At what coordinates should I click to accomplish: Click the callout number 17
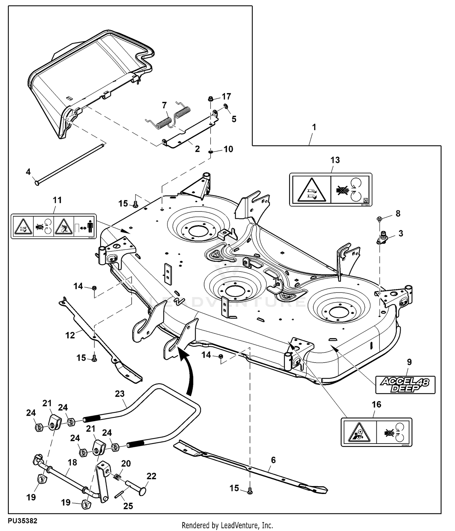226,96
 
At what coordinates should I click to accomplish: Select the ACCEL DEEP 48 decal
405,385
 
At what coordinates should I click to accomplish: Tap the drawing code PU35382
23,521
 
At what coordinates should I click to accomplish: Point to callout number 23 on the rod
120,394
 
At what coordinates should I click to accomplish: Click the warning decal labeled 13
331,190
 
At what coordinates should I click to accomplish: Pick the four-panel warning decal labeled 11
53,226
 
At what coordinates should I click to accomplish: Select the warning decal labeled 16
376,432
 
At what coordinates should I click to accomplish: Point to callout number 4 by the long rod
28,172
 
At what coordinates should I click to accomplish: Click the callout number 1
314,127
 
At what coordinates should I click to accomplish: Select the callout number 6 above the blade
273,460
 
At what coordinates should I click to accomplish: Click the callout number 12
70,335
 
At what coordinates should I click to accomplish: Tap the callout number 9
409,362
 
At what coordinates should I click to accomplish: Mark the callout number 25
128,506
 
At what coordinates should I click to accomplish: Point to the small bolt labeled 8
379,218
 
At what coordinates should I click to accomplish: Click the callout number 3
401,233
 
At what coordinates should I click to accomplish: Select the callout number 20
126,463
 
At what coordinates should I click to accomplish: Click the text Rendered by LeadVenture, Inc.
227,525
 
